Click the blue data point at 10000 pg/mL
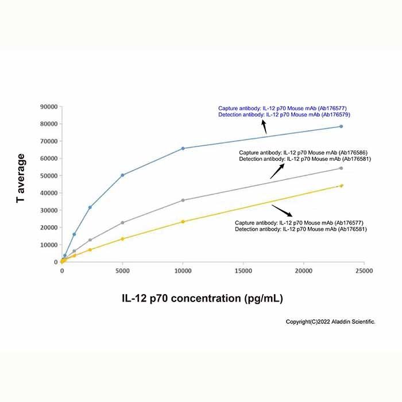tap(183, 148)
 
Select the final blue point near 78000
tap(341, 126)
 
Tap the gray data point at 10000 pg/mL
tap(183, 200)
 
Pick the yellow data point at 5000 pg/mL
tap(122, 239)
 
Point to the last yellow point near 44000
tap(341, 185)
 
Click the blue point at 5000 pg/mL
tap(122, 175)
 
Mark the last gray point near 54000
tap(341, 168)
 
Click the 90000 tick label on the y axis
tap(49, 107)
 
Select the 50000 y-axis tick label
tap(49, 176)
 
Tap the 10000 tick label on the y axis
tap(49, 245)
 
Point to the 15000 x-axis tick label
tap(243, 271)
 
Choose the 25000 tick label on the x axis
tap(364, 271)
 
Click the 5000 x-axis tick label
tap(122, 271)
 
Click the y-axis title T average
tap(21, 178)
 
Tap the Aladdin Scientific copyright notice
tap(330, 322)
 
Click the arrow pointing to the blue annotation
tap(264, 127)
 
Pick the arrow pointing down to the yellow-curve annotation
tap(282, 211)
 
